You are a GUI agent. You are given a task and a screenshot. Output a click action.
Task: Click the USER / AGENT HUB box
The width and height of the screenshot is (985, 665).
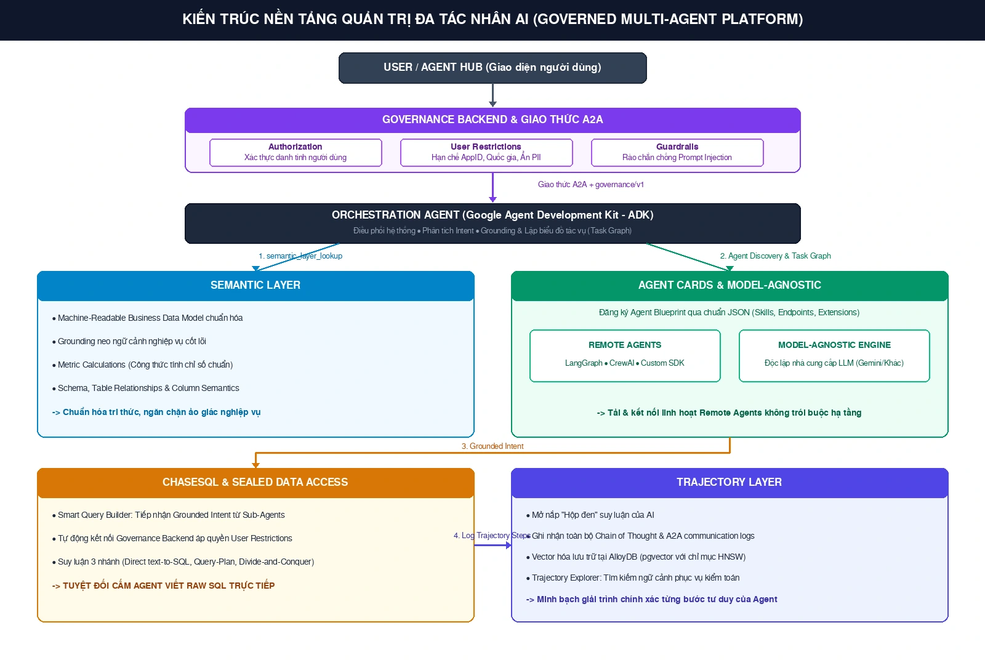click(492, 68)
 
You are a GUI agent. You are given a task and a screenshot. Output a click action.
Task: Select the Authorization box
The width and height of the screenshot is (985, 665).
click(295, 152)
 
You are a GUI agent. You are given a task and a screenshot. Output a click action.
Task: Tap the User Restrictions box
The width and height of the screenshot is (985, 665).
click(486, 152)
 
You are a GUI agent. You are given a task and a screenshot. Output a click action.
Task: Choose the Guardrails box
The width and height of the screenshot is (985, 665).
click(677, 152)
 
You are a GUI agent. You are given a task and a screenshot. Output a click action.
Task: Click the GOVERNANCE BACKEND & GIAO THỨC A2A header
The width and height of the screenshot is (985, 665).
click(492, 119)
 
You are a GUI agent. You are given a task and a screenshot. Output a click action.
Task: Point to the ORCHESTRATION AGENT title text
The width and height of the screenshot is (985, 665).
click(492, 215)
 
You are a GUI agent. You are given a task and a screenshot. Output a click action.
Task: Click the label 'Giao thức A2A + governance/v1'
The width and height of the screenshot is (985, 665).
click(590, 184)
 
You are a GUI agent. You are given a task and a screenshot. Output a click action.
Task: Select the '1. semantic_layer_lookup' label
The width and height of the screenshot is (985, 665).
click(300, 256)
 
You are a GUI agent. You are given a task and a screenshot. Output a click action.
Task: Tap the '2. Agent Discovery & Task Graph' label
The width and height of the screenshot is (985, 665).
click(775, 256)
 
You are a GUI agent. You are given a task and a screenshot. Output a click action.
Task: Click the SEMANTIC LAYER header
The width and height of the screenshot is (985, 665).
click(255, 286)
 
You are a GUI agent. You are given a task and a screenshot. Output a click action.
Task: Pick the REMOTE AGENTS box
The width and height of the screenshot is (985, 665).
click(625, 355)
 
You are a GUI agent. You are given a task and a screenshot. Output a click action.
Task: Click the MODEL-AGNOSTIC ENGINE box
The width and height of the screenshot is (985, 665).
click(834, 355)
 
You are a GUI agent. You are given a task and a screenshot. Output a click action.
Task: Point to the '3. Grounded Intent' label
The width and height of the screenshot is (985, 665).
click(492, 446)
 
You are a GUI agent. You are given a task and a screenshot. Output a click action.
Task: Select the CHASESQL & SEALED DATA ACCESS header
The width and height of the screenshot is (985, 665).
click(255, 483)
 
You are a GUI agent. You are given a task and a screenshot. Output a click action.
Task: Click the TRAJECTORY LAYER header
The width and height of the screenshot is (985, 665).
click(730, 483)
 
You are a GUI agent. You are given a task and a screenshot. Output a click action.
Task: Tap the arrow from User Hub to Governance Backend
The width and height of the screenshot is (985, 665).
click(492, 95)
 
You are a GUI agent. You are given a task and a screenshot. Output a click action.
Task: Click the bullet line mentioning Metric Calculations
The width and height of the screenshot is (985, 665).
click(142, 365)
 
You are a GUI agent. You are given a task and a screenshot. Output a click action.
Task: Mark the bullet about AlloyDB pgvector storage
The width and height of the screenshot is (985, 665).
click(636, 557)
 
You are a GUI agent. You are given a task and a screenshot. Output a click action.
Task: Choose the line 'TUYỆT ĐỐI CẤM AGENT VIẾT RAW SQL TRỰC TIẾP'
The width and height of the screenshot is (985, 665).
click(163, 586)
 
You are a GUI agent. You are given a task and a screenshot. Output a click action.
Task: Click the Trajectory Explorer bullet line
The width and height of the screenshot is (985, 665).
click(633, 578)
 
